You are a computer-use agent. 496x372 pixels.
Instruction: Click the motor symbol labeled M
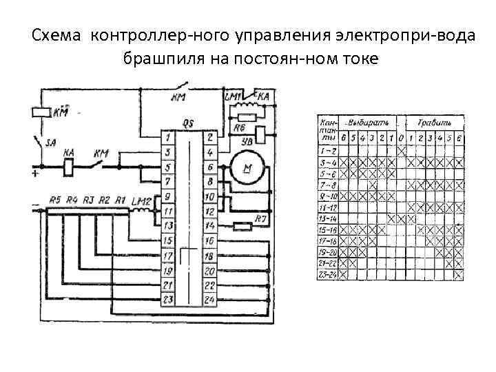click(x=243, y=169)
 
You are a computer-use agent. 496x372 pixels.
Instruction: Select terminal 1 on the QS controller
click(x=167, y=137)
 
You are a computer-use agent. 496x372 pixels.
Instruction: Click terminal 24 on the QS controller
click(x=210, y=299)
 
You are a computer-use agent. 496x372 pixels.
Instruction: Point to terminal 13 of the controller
click(x=167, y=225)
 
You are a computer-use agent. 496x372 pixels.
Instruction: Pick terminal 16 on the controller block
click(x=210, y=240)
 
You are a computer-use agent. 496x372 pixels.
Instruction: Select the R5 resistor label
click(x=55, y=200)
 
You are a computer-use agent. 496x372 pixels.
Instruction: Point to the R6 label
click(x=239, y=127)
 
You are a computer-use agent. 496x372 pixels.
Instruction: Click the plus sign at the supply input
click(x=35, y=175)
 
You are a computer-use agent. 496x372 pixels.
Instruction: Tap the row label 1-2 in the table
click(x=327, y=149)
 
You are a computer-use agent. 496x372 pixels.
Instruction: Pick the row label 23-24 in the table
click(x=327, y=273)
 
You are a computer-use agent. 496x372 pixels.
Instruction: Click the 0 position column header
click(x=401, y=138)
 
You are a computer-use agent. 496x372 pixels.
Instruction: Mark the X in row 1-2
click(x=401, y=149)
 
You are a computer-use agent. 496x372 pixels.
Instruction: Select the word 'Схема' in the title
click(x=58, y=34)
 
